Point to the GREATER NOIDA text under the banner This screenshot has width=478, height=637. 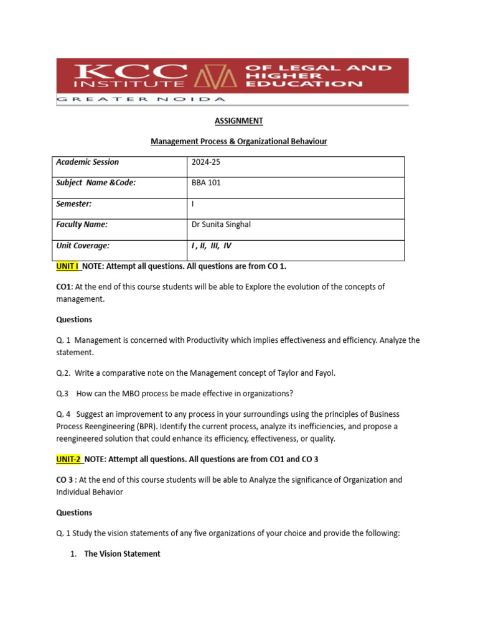click(142, 99)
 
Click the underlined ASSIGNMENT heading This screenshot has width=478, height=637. click(238, 121)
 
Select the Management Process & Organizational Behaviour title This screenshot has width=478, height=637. click(238, 142)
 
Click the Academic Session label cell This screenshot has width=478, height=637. click(87, 162)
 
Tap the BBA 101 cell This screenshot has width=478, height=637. click(207, 183)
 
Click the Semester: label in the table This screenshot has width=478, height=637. click(74, 204)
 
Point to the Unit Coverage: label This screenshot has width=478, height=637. click(83, 246)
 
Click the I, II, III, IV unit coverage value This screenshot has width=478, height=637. click(212, 246)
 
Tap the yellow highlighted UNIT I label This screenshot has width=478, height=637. click(68, 266)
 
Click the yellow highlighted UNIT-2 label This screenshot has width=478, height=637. click(69, 459)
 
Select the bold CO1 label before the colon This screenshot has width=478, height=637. click(63, 287)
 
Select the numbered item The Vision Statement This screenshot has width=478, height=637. click(122, 554)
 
